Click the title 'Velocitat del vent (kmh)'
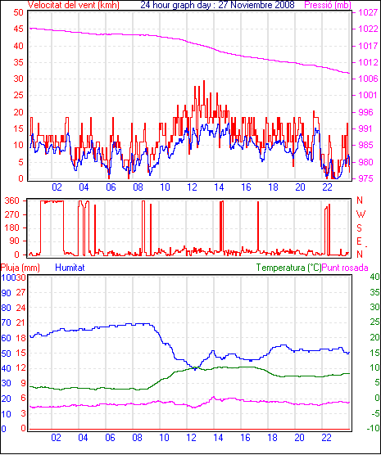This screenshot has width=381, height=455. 74,5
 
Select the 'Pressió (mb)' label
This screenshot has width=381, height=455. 328,5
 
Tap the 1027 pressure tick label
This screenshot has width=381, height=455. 368,12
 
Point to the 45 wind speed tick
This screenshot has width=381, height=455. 18,29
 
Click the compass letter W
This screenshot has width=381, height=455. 361,214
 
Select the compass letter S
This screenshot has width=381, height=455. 360,228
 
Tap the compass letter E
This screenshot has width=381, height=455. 359,241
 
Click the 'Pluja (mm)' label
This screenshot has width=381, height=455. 20,268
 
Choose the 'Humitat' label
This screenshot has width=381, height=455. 70,268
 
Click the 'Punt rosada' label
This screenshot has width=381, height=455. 345,268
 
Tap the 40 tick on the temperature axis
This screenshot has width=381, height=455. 374,277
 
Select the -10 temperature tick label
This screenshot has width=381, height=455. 374,428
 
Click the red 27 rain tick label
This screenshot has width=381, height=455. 20,292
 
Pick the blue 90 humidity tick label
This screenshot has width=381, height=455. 6,293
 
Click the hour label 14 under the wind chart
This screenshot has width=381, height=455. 219,187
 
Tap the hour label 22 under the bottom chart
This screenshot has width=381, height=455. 327,437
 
